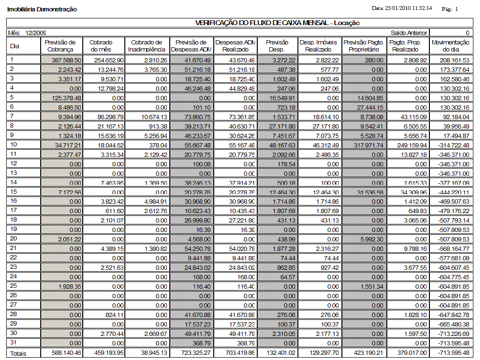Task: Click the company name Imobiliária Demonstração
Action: point(42,9)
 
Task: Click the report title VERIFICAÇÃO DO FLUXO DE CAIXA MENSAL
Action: point(278,23)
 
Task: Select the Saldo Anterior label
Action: point(409,33)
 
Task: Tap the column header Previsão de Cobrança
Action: point(60,46)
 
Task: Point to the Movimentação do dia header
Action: point(451,46)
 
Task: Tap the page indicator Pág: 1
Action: point(450,9)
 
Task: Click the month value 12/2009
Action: point(36,33)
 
